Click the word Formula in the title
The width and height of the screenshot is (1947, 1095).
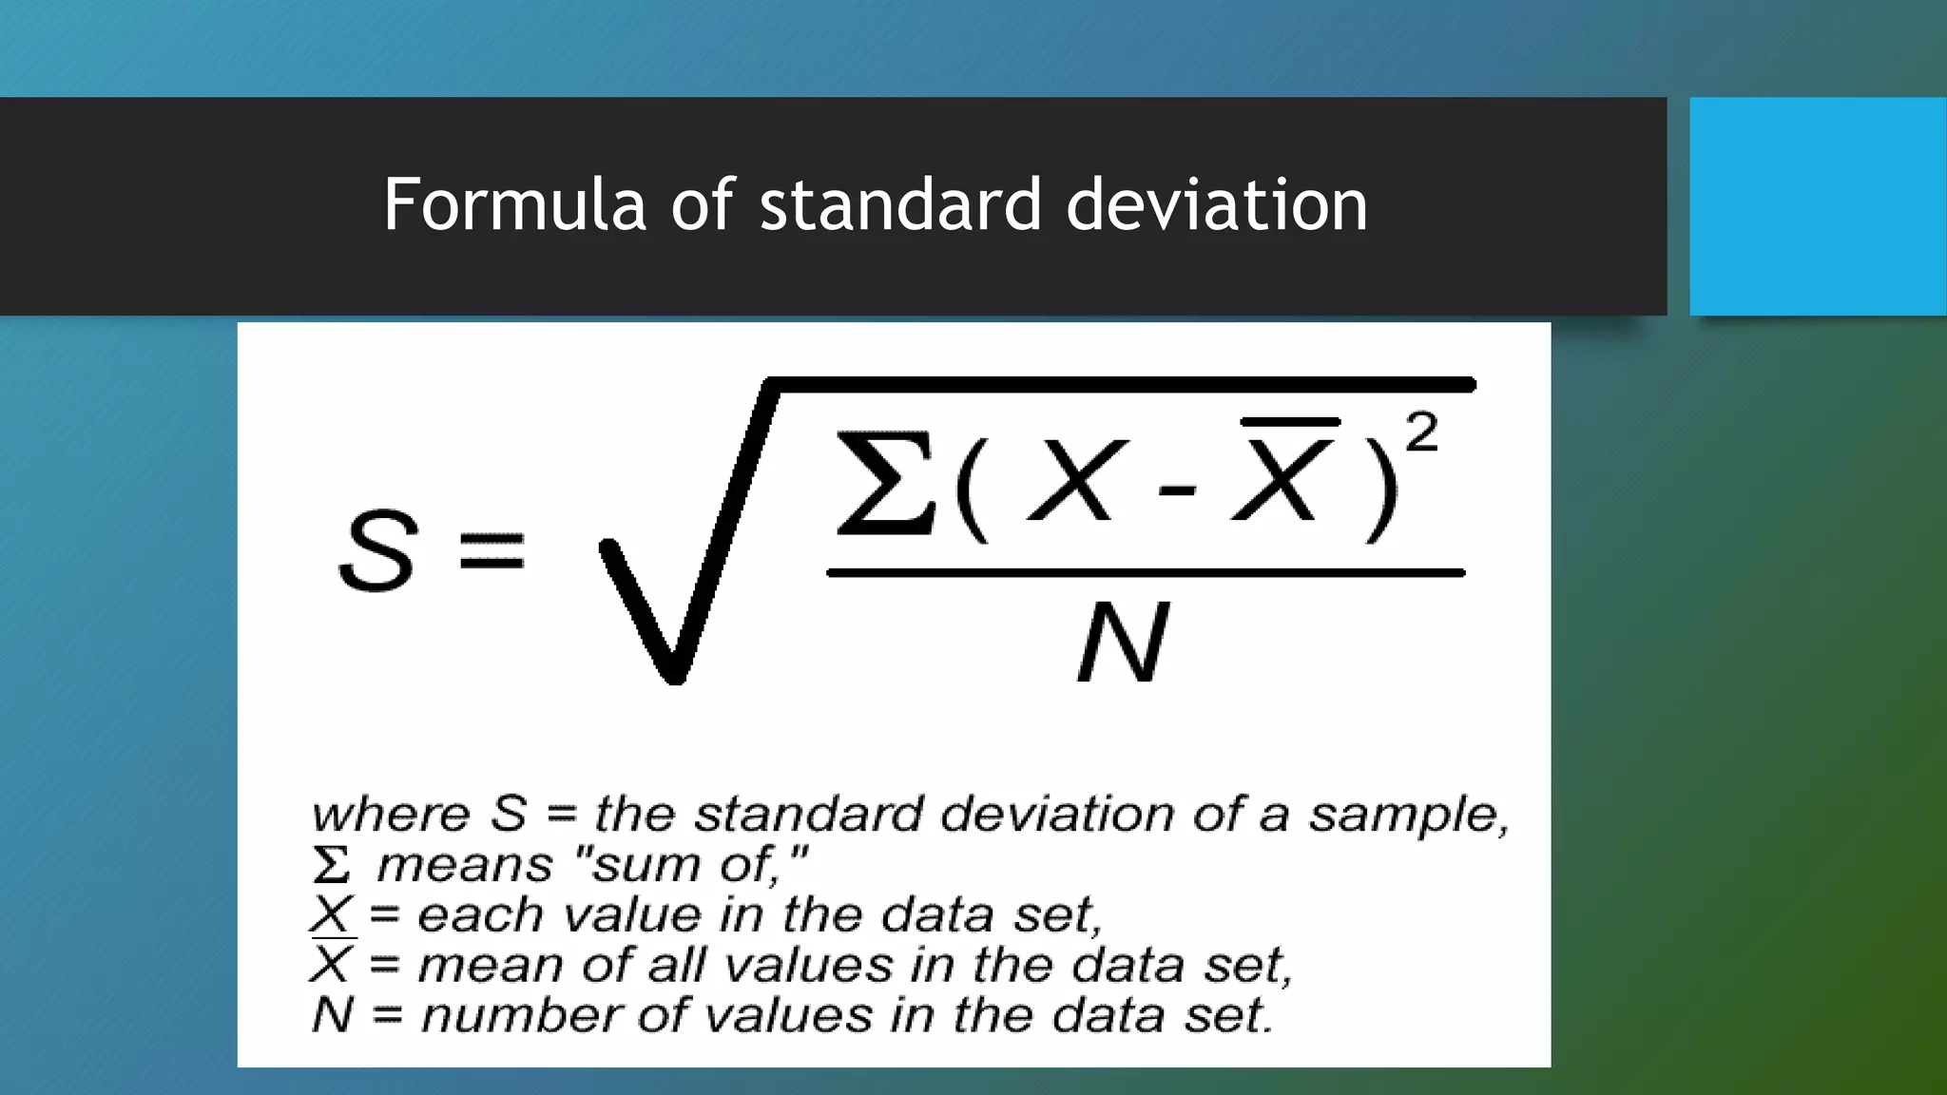(514, 204)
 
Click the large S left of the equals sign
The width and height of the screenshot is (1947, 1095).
(377, 551)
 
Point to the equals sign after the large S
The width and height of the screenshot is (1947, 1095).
(492, 551)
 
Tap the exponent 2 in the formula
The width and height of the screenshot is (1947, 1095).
(1421, 433)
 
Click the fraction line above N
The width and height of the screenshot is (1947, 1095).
(1145, 573)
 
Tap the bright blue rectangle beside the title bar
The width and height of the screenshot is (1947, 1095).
(1818, 206)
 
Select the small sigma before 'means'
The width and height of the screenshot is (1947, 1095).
(331, 866)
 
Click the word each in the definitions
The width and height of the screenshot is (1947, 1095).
(480, 915)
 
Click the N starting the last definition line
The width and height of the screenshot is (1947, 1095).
(332, 1015)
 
